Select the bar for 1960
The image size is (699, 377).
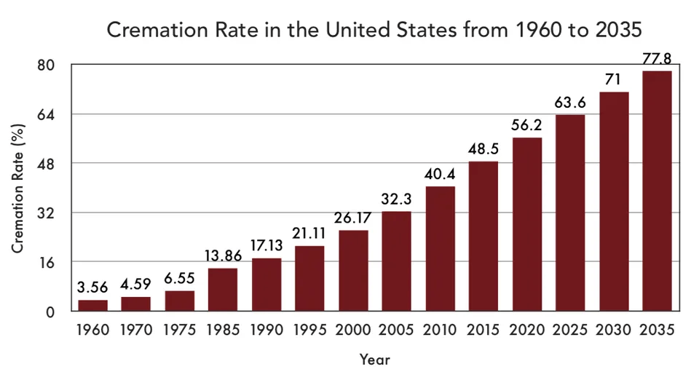pos(92,305)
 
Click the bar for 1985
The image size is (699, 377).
pos(223,290)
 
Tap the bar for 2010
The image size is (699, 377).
pos(440,249)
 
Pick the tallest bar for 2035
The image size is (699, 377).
pos(657,191)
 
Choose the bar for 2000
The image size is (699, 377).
pos(354,271)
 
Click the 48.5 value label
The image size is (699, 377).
pos(483,149)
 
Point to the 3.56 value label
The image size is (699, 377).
pos(92,287)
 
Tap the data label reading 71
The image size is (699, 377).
pos(613,79)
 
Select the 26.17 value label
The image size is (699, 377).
pos(352,218)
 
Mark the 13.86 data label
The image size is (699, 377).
pos(223,255)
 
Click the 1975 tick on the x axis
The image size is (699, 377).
pos(180,330)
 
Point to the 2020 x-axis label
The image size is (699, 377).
pos(527,330)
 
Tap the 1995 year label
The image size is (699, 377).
pos(310,330)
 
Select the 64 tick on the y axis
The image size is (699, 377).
pos(46,115)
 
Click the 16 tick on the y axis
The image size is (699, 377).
pos(47,263)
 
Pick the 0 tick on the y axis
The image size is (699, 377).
pos(50,312)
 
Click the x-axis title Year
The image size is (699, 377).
pos(375,360)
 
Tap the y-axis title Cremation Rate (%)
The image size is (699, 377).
pos(17,188)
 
